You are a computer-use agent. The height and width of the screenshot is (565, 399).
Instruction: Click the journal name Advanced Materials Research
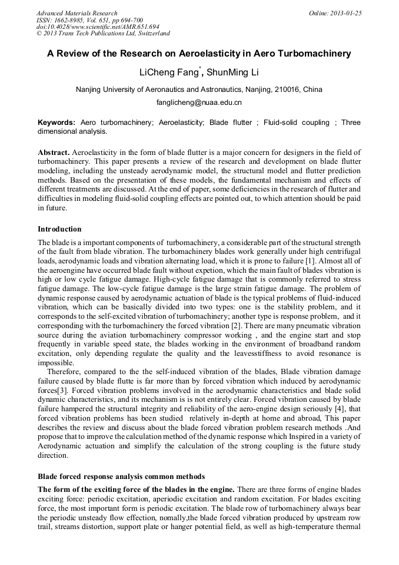tap(77, 13)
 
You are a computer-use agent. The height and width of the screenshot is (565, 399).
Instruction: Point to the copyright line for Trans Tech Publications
tap(103, 34)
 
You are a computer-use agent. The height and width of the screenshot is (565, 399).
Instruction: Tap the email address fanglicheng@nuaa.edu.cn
tap(199, 103)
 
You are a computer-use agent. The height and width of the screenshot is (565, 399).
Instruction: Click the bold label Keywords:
tap(56, 123)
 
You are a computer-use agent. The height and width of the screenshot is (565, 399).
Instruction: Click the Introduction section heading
tap(59, 229)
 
